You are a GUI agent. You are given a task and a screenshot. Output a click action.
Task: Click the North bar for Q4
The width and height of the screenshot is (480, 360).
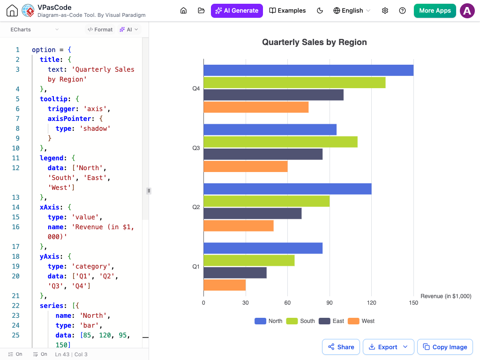pyautogui.click(x=308, y=70)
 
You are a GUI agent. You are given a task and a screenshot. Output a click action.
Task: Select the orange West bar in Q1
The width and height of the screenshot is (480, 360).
pyautogui.click(x=225, y=285)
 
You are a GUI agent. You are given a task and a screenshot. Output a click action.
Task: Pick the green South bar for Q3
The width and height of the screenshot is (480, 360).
pyautogui.click(x=281, y=142)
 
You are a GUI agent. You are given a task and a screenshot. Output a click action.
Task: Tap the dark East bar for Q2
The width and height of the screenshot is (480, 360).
pyautogui.click(x=253, y=213)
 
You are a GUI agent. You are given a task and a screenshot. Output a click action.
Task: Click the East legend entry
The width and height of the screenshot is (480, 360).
pyautogui.click(x=331, y=321)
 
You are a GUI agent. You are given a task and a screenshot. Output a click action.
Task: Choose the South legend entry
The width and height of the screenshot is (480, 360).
pyautogui.click(x=300, y=321)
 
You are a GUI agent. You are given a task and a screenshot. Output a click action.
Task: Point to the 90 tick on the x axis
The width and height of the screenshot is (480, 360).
pyautogui.click(x=330, y=303)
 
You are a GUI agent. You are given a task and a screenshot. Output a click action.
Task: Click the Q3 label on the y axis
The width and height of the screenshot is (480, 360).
pyautogui.click(x=196, y=148)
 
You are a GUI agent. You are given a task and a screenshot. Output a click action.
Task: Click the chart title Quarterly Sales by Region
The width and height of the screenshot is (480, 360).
pyautogui.click(x=315, y=42)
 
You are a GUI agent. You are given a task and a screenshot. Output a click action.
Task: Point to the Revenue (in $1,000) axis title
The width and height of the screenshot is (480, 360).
pyautogui.click(x=446, y=296)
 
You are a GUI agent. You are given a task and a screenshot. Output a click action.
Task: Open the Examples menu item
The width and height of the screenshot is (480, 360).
pyautogui.click(x=287, y=11)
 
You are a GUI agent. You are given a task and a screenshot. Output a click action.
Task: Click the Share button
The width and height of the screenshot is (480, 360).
pyautogui.click(x=341, y=347)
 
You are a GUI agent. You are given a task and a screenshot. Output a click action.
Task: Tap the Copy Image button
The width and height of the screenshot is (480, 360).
pyautogui.click(x=445, y=347)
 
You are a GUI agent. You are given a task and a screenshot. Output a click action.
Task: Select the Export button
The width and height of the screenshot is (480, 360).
pyautogui.click(x=389, y=347)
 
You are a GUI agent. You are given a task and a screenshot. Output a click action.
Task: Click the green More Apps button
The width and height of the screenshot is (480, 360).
pyautogui.click(x=435, y=11)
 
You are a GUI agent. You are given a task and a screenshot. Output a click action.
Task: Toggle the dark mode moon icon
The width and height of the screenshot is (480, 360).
pyautogui.click(x=320, y=11)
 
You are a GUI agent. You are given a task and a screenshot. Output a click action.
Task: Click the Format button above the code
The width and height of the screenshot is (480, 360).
pyautogui.click(x=100, y=30)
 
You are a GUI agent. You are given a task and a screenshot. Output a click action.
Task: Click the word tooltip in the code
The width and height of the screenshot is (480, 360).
pyautogui.click(x=53, y=99)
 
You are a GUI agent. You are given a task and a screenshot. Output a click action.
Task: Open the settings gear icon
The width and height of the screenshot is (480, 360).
pyautogui.click(x=385, y=11)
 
